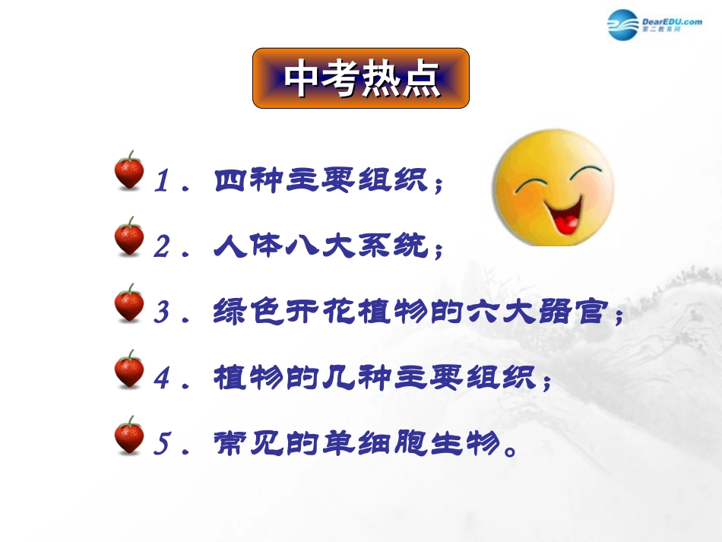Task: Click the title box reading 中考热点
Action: click(x=361, y=78)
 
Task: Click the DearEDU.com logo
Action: click(x=654, y=25)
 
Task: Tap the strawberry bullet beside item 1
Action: click(x=129, y=170)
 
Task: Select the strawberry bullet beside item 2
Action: click(x=129, y=236)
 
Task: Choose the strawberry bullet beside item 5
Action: click(x=129, y=436)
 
